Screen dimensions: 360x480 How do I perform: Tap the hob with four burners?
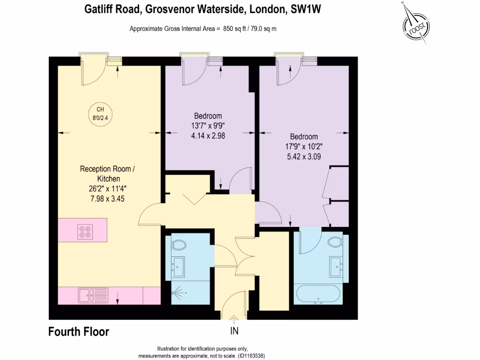[85, 231]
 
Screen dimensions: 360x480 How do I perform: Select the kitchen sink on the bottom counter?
[87, 295]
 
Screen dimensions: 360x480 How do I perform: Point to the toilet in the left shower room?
[179, 245]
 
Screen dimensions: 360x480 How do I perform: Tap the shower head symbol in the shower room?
[177, 293]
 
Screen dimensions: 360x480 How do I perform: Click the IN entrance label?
[234, 331]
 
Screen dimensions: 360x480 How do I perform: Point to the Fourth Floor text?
[79, 332]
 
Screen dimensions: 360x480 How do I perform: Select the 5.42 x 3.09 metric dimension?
[304, 157]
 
